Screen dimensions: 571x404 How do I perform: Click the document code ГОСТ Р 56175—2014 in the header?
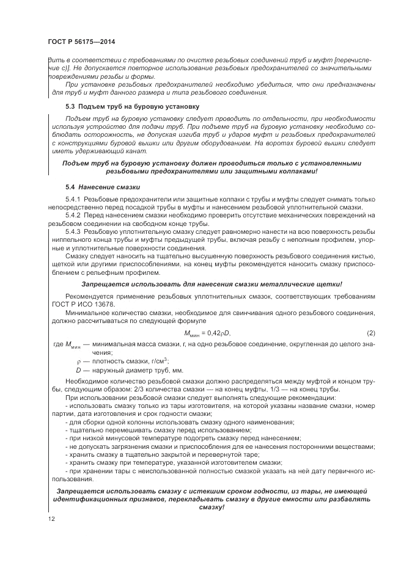click(81, 42)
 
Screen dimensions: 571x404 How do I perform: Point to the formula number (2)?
click(370, 332)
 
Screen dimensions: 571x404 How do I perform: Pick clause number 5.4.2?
click(73, 216)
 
